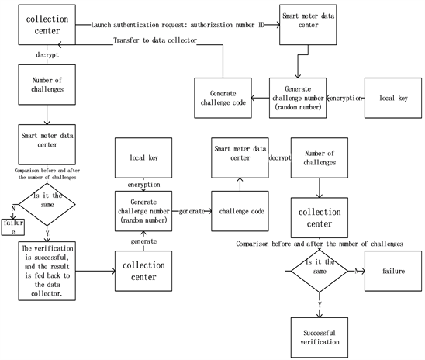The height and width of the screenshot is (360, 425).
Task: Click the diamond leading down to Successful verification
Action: tap(319, 272)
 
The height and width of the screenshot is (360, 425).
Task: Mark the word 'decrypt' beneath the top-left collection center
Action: tap(44, 55)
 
